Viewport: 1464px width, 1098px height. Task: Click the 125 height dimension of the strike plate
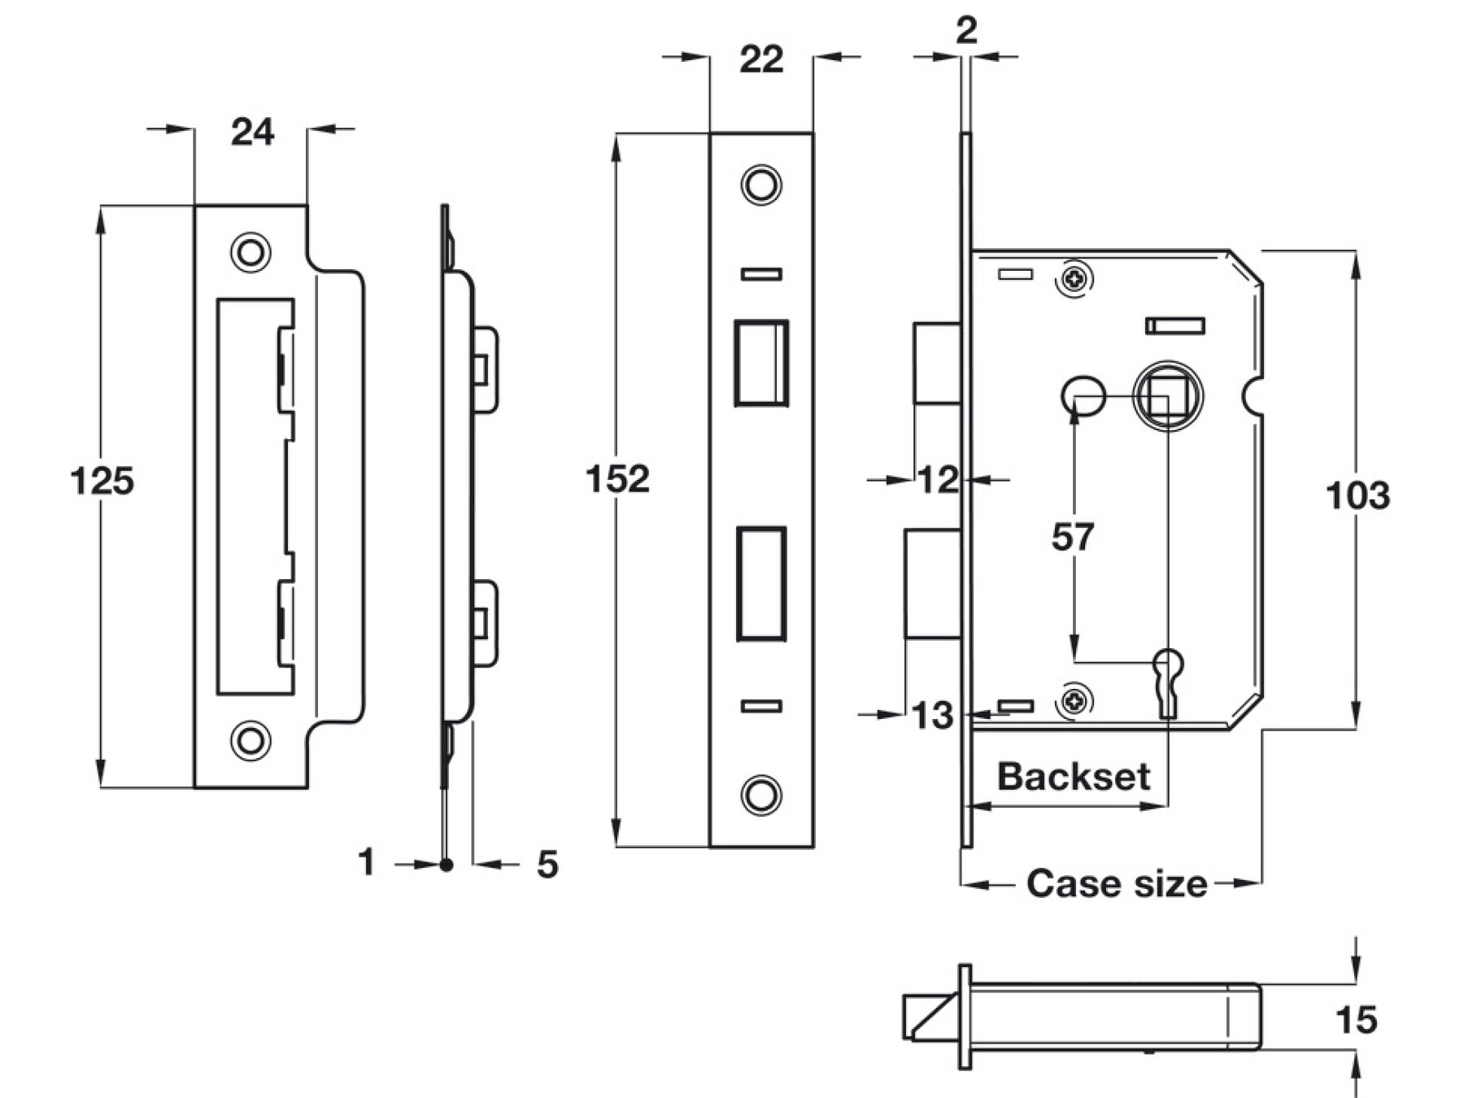pos(102,481)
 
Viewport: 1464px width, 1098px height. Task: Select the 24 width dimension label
pos(252,132)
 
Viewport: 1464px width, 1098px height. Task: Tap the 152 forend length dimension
pos(617,479)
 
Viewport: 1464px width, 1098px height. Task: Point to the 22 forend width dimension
pos(761,59)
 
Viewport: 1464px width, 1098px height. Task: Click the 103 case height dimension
pos(1357,495)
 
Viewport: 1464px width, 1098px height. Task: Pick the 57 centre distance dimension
pos(1073,537)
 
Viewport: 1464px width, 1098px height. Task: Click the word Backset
pos(1074,777)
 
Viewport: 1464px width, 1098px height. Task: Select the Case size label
pos(1117,883)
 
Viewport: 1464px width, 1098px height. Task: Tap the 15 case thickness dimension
pos(1356,1020)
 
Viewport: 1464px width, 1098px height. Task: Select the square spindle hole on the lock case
pos(1167,396)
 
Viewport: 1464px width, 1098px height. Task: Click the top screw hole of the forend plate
pos(761,185)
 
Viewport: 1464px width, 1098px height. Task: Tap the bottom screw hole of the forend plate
pos(761,794)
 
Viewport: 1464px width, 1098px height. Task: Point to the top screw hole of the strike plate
pos(251,252)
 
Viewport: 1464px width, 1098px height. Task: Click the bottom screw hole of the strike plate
pos(251,740)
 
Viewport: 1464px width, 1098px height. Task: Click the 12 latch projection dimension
pos(938,480)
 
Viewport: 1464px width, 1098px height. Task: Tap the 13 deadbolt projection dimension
pos(932,716)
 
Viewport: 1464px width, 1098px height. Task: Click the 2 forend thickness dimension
pos(965,31)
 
